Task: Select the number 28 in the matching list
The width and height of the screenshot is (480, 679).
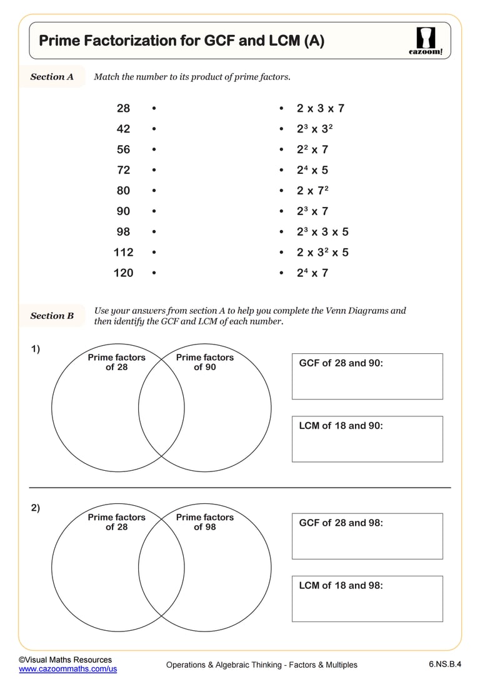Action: coord(123,108)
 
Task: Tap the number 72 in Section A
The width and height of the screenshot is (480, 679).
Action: coord(123,170)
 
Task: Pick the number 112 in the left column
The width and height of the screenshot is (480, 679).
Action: coord(123,252)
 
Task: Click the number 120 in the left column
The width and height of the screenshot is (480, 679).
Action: coord(123,273)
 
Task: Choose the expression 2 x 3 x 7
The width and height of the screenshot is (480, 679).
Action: coord(320,108)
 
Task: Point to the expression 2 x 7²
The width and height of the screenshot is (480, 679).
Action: coord(312,191)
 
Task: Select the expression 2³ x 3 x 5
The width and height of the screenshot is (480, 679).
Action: coord(322,232)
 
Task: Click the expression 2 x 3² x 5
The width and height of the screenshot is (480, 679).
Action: coord(322,253)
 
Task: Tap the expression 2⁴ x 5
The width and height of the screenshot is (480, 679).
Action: coord(312,170)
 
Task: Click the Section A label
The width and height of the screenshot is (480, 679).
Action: coord(52,77)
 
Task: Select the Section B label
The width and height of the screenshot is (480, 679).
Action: coord(52,316)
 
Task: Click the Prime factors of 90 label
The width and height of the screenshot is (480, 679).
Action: coord(204,362)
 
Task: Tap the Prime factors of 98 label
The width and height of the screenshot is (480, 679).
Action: coord(204,522)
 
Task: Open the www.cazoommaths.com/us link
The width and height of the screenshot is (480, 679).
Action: coord(67,669)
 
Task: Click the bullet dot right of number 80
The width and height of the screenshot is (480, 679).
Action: coord(154,191)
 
